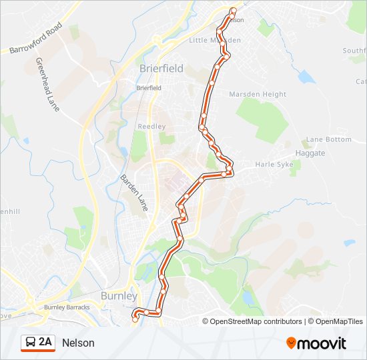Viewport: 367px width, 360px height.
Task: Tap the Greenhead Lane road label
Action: coord(47,84)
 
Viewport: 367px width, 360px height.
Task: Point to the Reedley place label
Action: coord(147,126)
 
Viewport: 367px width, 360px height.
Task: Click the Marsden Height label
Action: coord(258,95)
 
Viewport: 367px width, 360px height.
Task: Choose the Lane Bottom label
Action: coord(328,139)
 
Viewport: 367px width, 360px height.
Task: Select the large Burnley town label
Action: coord(118,295)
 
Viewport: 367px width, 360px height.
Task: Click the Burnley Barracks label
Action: coord(66,307)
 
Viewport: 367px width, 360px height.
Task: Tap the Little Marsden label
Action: coord(214,40)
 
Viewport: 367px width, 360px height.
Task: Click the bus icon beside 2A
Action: coord(30,343)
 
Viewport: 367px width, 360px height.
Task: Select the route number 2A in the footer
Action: coord(45,343)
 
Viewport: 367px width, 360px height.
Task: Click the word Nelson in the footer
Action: coord(79,343)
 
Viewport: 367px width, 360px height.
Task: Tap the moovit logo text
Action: coord(322,343)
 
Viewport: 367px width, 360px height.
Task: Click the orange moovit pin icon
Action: coord(291,343)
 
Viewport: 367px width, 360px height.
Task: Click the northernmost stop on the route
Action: coord(233,10)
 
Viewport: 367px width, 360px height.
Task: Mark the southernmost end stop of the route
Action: coord(135,319)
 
